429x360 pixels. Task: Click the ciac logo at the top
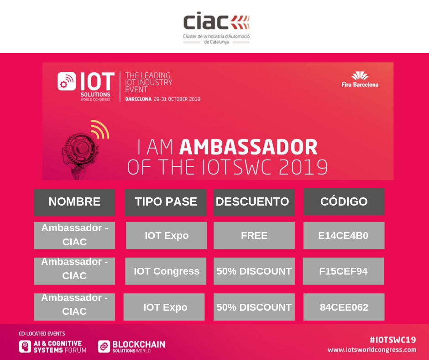tap(216, 28)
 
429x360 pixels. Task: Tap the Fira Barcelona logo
tap(360, 79)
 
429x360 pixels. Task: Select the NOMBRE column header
tap(74, 202)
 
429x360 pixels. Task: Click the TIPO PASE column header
tap(166, 202)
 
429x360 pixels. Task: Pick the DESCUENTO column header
tap(254, 202)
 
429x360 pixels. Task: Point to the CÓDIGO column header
tap(344, 201)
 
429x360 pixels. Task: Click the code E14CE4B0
tap(344, 236)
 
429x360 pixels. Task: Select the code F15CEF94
tap(343, 271)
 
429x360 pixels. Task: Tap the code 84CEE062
tap(344, 307)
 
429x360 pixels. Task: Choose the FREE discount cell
tap(254, 236)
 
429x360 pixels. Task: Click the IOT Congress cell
tap(166, 271)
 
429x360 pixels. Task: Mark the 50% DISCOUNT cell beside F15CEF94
tap(254, 271)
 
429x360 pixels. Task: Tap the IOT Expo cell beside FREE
tap(167, 236)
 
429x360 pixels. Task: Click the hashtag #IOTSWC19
tap(393, 340)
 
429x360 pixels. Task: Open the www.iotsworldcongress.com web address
tap(372, 350)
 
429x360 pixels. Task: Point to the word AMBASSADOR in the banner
tap(248, 147)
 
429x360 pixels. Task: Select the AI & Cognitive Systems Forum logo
tap(52, 347)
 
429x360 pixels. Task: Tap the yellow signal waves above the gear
tap(100, 129)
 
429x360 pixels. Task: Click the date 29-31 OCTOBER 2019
tap(177, 99)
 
